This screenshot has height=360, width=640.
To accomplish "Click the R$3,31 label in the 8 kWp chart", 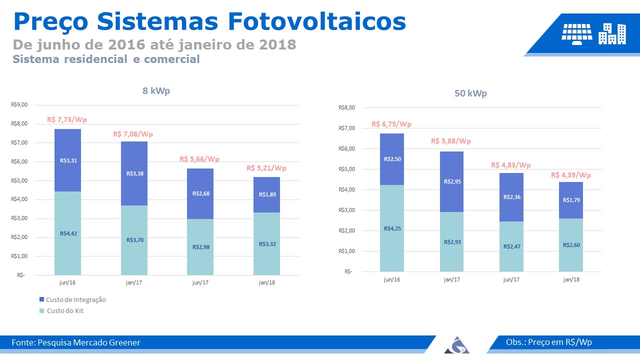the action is click(68, 160).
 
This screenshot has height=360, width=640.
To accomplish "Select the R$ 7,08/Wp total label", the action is click(133, 134).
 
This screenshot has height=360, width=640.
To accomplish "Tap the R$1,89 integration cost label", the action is click(267, 194).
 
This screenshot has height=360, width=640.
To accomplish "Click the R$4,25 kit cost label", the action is click(392, 228).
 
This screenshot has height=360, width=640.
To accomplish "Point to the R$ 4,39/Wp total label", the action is click(571, 175).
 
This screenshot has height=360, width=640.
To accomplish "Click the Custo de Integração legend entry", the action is click(72, 299).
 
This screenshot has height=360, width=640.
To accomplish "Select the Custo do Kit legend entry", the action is click(61, 311).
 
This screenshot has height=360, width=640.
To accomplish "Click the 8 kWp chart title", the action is click(156, 91).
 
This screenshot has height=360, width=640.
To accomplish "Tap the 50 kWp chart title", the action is click(470, 93).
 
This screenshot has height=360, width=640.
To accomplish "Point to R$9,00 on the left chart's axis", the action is click(19, 104).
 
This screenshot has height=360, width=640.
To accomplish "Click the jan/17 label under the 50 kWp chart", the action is click(451, 279).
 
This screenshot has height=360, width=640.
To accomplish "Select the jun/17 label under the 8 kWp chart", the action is click(200, 282).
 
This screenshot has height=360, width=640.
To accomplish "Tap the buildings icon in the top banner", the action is click(612, 34).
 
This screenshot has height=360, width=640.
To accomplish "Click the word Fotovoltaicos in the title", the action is click(317, 21).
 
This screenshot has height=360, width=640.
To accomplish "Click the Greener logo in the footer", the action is click(456, 345).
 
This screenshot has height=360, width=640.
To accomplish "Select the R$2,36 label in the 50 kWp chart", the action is click(511, 197).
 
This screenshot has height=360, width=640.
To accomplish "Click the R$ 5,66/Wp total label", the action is click(199, 159).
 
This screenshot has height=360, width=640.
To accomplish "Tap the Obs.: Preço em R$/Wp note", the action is click(549, 342).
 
